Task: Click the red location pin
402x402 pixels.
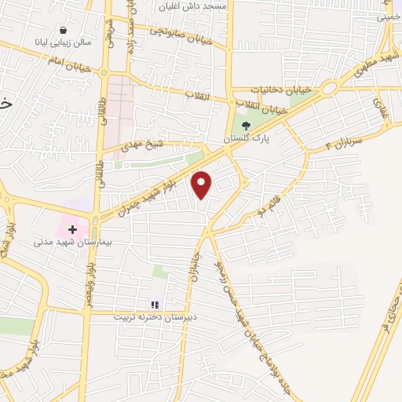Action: (x=203, y=185)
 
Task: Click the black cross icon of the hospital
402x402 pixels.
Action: (x=72, y=229)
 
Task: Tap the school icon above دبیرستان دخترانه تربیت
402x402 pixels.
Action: (x=155, y=305)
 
